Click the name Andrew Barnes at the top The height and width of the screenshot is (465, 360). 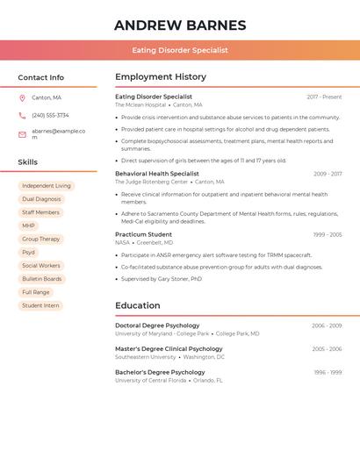pos(180,25)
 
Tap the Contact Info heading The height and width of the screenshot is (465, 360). pos(41,77)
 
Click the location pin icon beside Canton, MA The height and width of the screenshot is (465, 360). pos(22,97)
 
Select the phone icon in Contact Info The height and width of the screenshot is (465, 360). pos(22,115)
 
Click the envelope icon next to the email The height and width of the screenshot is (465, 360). pos(22,134)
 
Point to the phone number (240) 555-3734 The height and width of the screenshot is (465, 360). pos(50,115)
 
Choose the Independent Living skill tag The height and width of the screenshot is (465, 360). pos(47,186)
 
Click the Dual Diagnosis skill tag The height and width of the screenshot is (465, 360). pos(41,199)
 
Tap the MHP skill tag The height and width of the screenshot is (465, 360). pos(29,225)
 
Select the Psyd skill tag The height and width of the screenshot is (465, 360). pos(29,252)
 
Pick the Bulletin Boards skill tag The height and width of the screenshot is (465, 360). pos(42,279)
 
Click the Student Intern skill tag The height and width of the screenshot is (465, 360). pos(40,305)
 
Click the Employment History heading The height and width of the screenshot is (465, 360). pos(161,77)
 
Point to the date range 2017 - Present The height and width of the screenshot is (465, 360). pos(324,97)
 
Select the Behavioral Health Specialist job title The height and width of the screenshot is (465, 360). pos(157,174)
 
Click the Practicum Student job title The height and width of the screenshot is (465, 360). pos(143,234)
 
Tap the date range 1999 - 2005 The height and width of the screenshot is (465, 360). pos(328,234)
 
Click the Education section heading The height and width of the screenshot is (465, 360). pos(138,305)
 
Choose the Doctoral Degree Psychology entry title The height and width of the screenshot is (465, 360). pos(157,325)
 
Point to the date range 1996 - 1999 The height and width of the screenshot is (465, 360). pos(328,372)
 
